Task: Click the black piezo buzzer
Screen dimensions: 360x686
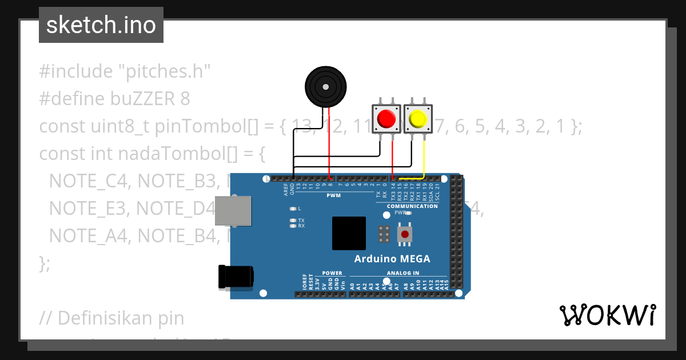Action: [x=325, y=87]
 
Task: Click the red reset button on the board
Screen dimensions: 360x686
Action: [x=405, y=234]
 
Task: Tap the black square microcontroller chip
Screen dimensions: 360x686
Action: [x=349, y=233]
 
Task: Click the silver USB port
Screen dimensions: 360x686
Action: [x=233, y=211]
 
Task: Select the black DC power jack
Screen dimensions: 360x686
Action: [x=236, y=277]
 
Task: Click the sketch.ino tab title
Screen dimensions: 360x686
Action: [x=101, y=25]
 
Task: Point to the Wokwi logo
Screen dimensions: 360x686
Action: [x=607, y=315]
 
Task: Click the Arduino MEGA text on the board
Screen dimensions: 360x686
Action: [x=392, y=258]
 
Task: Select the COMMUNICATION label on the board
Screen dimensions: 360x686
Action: [x=412, y=206]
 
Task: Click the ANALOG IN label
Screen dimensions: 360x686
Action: [x=403, y=273]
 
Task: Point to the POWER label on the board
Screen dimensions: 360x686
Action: [x=332, y=273]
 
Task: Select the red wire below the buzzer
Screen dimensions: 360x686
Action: [x=329, y=143]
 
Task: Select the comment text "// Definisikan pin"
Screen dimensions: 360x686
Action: [x=112, y=317]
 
